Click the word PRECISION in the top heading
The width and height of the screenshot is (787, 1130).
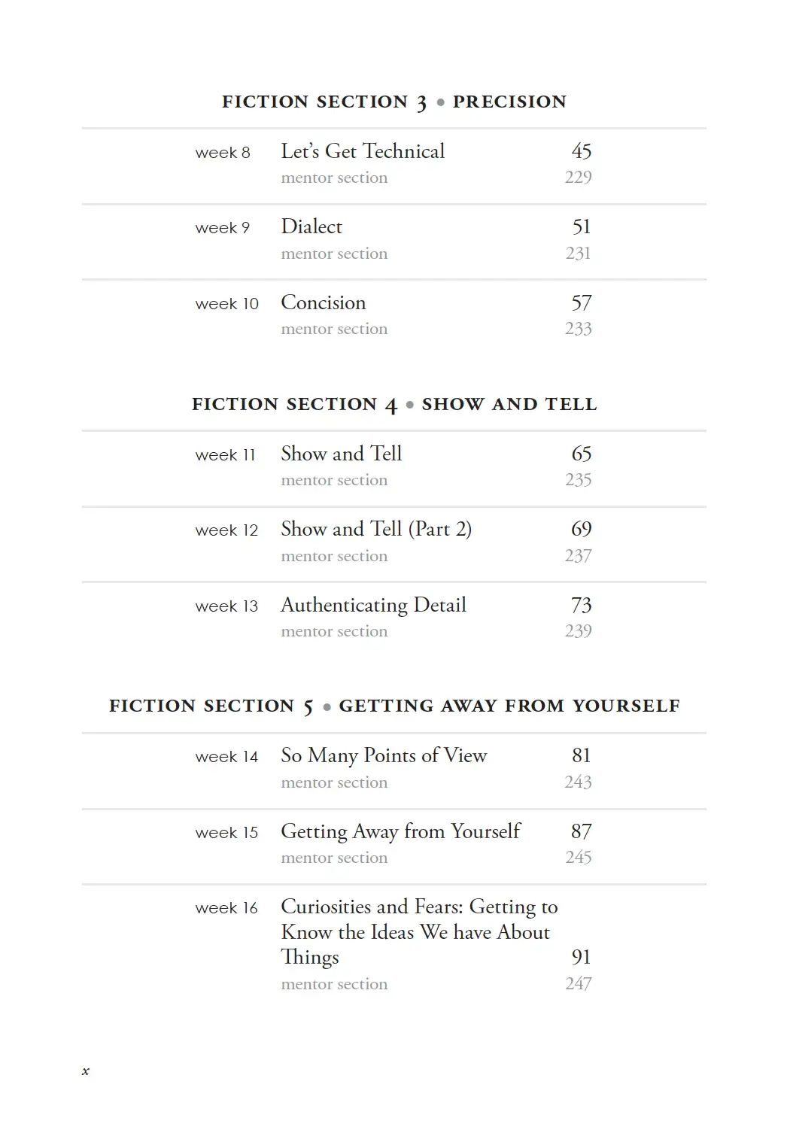point(509,102)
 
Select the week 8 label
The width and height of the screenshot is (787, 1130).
point(223,153)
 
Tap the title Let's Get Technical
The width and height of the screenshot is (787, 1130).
point(363,151)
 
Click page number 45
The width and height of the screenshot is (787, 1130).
point(582,151)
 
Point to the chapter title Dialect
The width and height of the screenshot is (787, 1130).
point(311,226)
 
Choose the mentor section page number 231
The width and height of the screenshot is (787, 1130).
point(578,254)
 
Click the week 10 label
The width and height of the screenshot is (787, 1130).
point(226,304)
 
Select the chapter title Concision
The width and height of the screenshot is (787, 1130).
point(324,302)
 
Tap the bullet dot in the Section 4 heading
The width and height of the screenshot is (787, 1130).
point(410,405)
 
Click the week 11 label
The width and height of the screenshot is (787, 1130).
point(226,455)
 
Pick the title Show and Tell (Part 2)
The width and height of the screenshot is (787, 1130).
point(376,529)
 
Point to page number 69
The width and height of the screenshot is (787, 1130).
point(582,529)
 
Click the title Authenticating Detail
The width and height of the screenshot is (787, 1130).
point(373,605)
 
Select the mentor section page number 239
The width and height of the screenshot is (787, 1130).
point(578,631)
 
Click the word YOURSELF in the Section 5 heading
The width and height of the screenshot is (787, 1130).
point(626,706)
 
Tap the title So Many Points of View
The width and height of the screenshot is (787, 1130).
point(384,755)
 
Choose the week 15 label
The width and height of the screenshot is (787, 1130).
point(226,833)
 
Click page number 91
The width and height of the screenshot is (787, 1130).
point(582,957)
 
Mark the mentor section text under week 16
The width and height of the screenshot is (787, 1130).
point(334,984)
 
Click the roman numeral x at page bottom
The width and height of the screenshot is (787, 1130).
point(86,1071)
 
